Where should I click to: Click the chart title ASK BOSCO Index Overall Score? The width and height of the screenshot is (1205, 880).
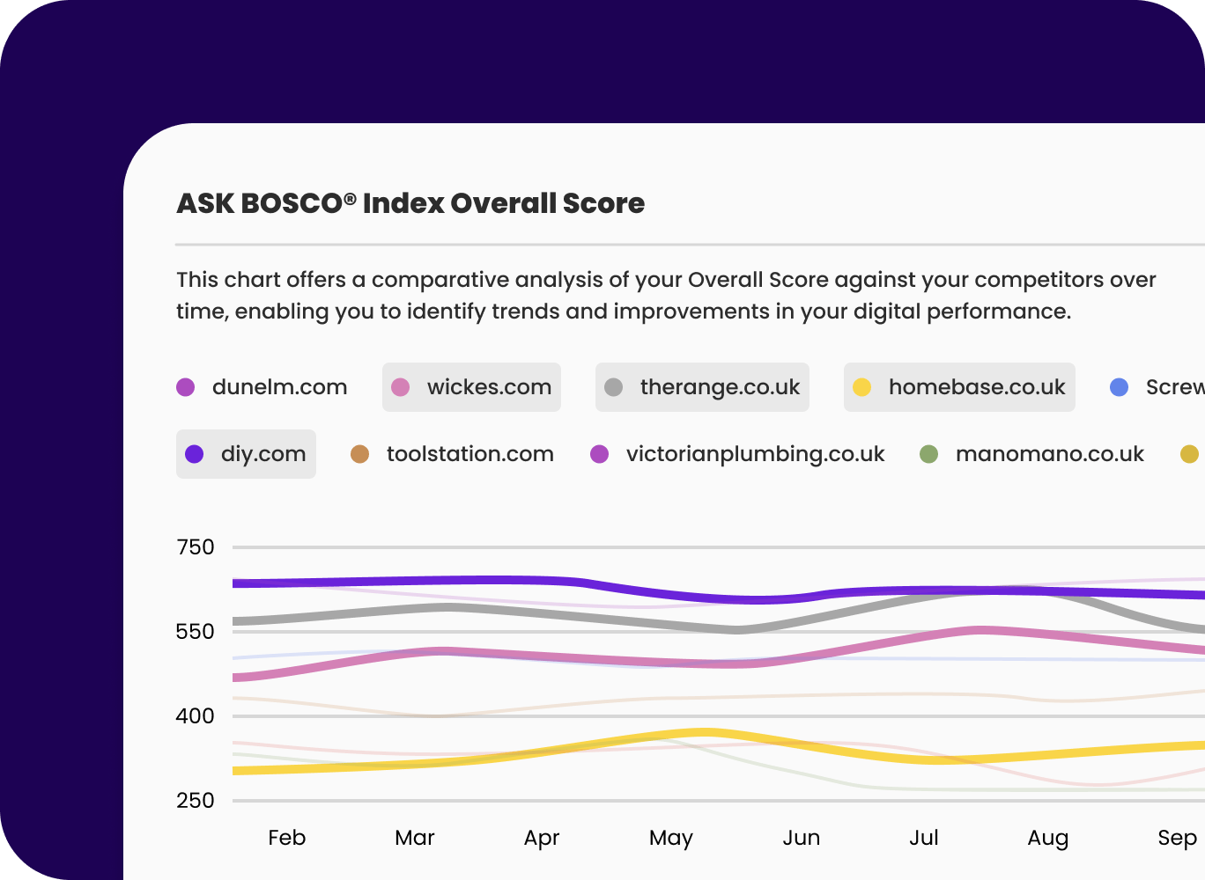[x=410, y=203]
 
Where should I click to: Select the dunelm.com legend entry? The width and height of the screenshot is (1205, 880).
[x=262, y=387]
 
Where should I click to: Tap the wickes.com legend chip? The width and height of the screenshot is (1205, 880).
[x=471, y=387]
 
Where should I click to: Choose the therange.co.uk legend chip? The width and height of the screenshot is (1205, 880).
[x=702, y=387]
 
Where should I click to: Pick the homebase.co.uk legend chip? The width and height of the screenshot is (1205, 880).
[x=959, y=387]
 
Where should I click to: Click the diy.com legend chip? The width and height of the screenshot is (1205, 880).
[x=246, y=454]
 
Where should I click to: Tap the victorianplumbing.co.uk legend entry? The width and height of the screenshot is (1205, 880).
[x=737, y=454]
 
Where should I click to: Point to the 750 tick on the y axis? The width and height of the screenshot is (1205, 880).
[x=196, y=547]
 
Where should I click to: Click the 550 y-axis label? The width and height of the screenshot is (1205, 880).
[x=196, y=632]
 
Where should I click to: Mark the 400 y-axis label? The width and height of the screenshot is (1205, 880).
[x=196, y=716]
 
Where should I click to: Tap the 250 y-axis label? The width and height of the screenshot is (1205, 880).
[x=196, y=801]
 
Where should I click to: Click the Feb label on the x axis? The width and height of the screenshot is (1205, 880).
[x=287, y=838]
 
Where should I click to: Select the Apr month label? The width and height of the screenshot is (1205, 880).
[x=542, y=838]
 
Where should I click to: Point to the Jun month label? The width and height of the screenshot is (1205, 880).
[x=802, y=838]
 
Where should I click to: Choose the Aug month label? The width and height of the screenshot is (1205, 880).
[x=1048, y=838]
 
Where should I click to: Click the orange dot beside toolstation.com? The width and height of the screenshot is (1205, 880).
[x=359, y=454]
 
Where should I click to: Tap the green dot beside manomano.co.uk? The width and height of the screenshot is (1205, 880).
[x=928, y=454]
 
